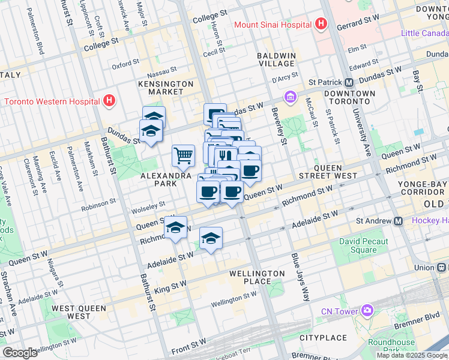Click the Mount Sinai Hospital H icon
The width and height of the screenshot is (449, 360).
pos(321,25)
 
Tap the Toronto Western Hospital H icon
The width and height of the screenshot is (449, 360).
pos(109,101)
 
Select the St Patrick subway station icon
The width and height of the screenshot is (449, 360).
pos(349,82)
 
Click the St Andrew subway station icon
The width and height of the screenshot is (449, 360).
pos(398,221)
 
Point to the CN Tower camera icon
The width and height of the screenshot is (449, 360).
pos(366,310)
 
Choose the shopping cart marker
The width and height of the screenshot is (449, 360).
pos(184,155)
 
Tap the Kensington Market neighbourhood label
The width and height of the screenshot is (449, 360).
pos(166,88)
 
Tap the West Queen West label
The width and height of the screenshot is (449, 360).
pos(79,312)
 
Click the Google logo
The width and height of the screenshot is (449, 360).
pos(20,353)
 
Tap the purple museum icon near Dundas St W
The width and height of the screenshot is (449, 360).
pos(290,97)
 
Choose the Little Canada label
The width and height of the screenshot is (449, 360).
pos(424,32)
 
